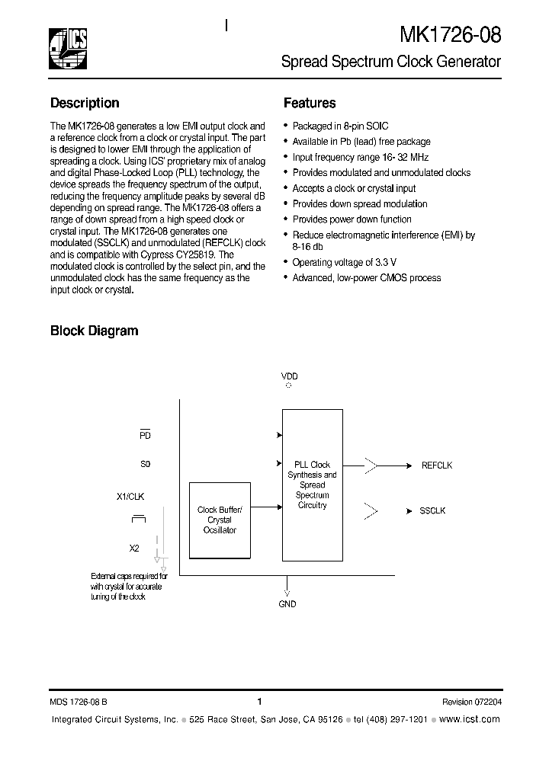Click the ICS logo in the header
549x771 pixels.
[69, 48]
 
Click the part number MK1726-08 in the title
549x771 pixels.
[450, 36]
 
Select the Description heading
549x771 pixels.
[85, 103]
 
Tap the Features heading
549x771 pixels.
[310, 103]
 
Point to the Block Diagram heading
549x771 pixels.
[94, 331]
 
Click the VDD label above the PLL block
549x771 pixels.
[289, 376]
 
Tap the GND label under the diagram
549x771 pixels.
[287, 604]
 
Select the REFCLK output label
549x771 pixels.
[437, 465]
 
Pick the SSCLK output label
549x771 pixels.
[432, 510]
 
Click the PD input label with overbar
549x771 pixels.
[145, 435]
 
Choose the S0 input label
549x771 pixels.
[145, 463]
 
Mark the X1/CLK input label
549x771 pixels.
[130, 496]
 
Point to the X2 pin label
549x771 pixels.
[134, 548]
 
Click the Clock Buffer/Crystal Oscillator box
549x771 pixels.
[220, 520]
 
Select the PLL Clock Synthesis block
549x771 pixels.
[312, 485]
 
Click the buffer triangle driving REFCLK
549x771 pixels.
[371, 465]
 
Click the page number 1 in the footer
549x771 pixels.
[260, 702]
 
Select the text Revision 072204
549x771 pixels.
[471, 702]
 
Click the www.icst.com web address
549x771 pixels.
[470, 719]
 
